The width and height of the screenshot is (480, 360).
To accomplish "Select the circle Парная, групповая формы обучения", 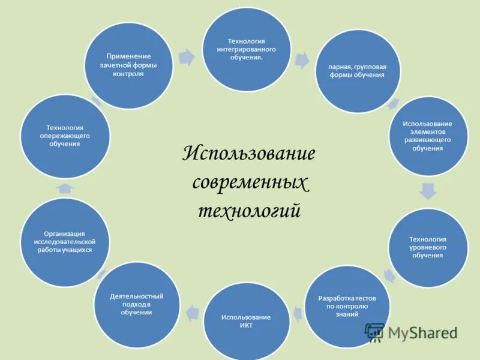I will click(x=358, y=71).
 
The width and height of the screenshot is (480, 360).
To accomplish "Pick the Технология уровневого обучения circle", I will click(x=428, y=247).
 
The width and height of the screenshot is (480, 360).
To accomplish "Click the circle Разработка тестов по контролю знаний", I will click(x=347, y=306).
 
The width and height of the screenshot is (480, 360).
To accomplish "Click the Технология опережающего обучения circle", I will click(x=65, y=136).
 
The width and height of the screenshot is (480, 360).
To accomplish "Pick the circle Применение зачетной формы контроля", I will click(x=128, y=65).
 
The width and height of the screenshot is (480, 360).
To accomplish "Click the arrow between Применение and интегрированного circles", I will click(x=188, y=58).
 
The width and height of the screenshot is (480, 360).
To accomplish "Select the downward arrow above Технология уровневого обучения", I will click(x=428, y=191).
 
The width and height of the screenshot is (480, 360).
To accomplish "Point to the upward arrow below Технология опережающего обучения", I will click(x=65, y=188).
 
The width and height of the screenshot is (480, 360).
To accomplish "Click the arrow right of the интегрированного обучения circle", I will click(x=302, y=59).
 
